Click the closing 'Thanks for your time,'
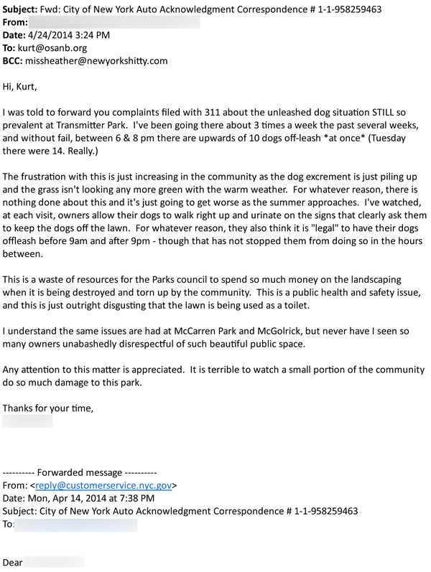click(x=48, y=408)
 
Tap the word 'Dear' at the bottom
click(x=13, y=562)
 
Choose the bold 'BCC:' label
click(x=17, y=61)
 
